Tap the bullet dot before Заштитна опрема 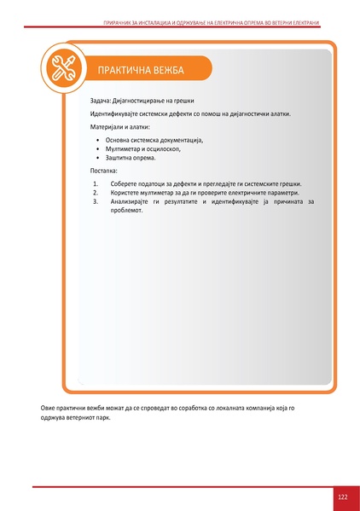pos(98,158)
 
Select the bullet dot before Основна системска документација pos(98,139)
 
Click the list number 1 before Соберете pos(96,183)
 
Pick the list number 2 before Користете pos(96,193)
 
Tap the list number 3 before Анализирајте pos(96,201)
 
